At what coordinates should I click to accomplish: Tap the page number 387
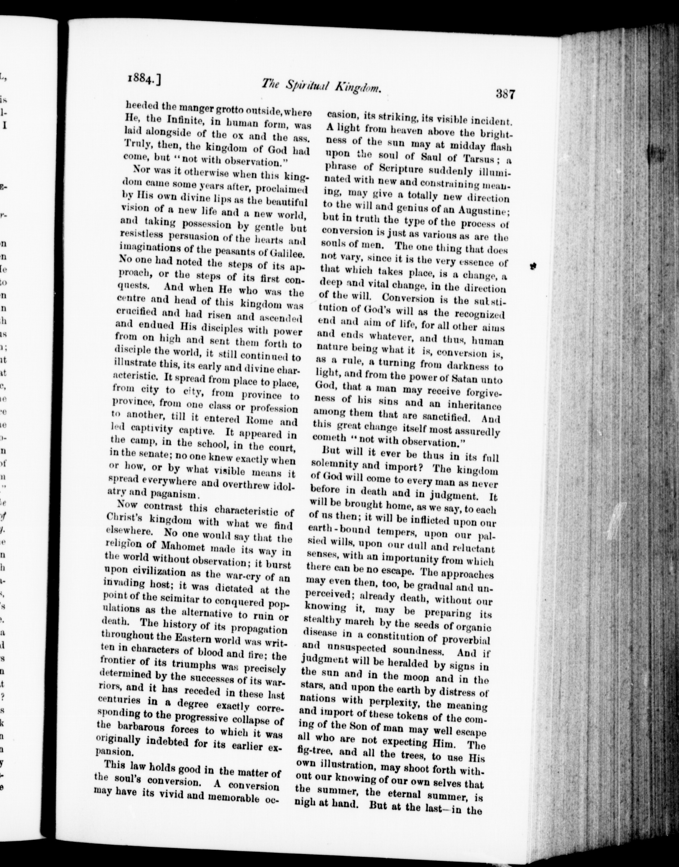[505, 95]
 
